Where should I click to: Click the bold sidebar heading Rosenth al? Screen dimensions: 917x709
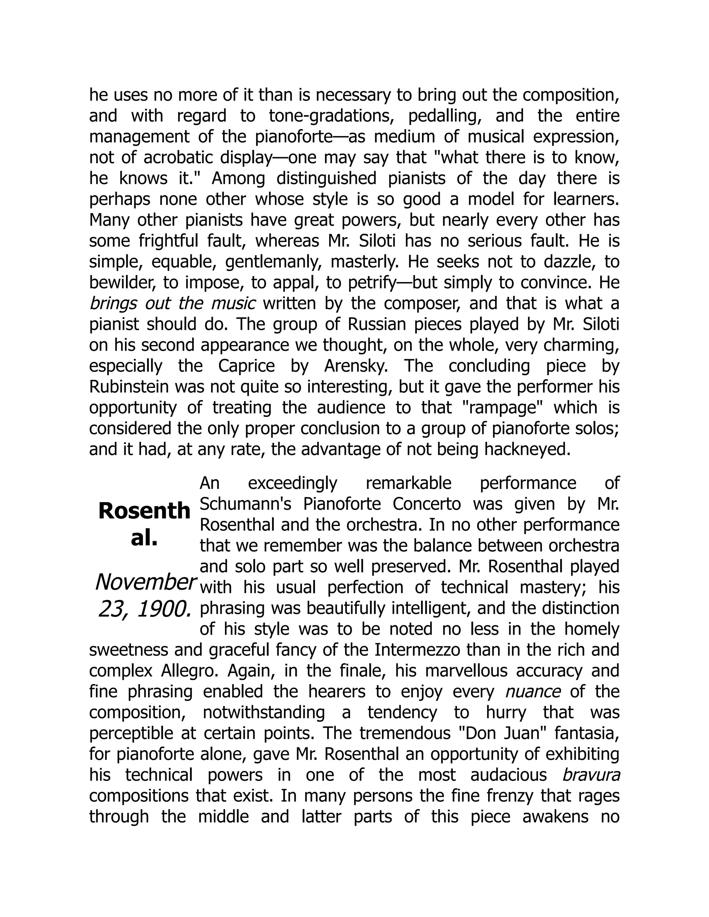[144, 524]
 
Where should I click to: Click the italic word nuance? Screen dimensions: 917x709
[532, 691]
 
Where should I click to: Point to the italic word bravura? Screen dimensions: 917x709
[591, 775]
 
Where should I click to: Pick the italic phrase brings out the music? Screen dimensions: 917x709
[173, 303]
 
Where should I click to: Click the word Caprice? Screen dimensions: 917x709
[246, 366]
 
